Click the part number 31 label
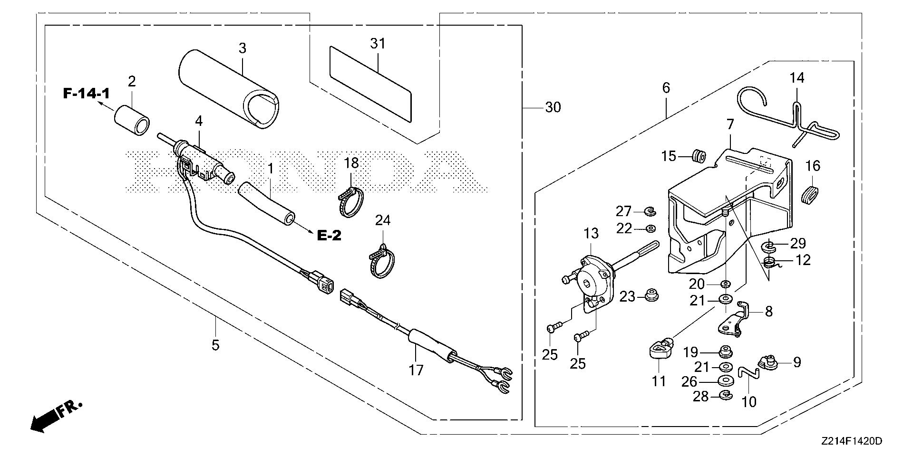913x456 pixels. click(378, 44)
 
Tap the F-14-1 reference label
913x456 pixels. click(86, 94)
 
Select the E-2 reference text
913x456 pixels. click(329, 235)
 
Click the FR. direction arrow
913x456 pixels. click(48, 418)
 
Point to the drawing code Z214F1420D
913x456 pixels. click(851, 442)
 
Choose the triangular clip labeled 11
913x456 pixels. click(659, 351)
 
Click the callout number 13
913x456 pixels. click(591, 233)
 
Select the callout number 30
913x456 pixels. click(553, 108)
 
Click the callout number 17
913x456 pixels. click(416, 370)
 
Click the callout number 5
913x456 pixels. click(215, 345)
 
